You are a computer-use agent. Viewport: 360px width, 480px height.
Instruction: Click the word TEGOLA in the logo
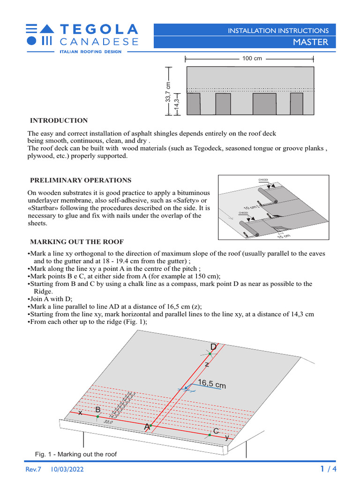pos(99,29)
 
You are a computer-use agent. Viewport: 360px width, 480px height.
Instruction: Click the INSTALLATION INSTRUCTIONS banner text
pos(278,30)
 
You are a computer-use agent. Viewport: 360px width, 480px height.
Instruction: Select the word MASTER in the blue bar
pos(311,42)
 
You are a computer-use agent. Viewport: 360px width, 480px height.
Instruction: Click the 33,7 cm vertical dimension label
pos(168,93)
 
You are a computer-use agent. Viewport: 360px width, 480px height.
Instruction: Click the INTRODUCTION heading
pos(59,120)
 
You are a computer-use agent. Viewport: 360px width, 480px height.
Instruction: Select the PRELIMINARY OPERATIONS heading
pos(81,180)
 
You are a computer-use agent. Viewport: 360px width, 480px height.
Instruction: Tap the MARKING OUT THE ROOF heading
pos(77,241)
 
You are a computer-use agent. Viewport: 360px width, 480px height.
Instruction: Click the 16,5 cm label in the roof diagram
pos(212,384)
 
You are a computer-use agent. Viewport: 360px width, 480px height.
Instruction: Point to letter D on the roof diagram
pos(213,347)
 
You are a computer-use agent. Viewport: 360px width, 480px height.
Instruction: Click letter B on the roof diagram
pos(97,410)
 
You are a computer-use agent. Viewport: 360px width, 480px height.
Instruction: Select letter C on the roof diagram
pos(216,431)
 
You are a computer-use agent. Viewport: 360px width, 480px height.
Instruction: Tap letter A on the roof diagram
pos(147,427)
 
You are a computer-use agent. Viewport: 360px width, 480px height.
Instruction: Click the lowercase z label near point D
pos(207,364)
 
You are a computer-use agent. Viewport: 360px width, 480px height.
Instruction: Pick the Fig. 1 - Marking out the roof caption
pos(76,454)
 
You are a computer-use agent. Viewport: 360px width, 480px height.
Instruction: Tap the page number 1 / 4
pos(328,469)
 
